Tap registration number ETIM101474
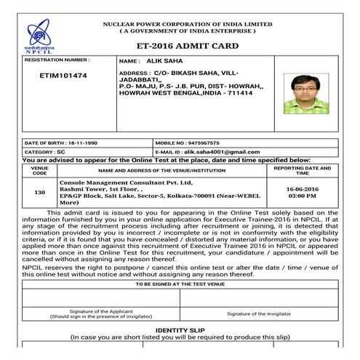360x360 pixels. [x=63, y=76]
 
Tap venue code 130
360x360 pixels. [x=40, y=193]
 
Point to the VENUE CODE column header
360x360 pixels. [x=40, y=170]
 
